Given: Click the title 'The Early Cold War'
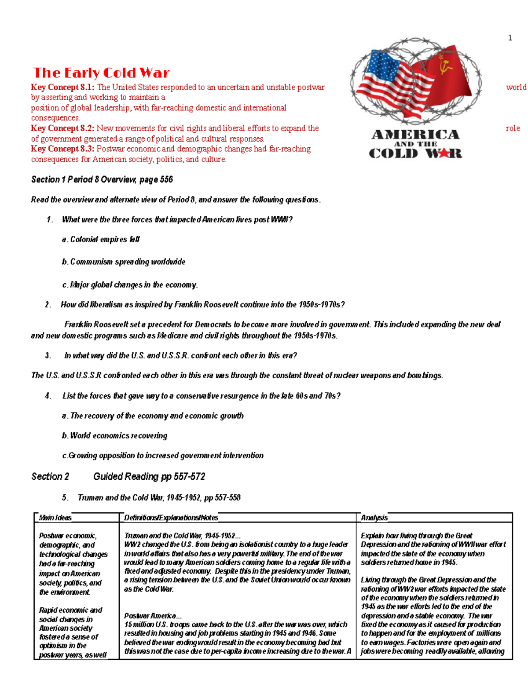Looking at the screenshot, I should (x=101, y=73).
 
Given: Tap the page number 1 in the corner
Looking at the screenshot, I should (x=510, y=38).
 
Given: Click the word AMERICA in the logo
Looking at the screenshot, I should (x=415, y=134).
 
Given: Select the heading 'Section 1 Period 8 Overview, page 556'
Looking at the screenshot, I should (x=102, y=179).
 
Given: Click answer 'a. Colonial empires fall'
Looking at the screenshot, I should (x=101, y=240).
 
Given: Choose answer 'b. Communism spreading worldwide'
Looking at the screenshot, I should (x=124, y=262).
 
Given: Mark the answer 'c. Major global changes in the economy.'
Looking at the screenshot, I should (x=130, y=285).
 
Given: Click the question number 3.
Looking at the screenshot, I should (x=48, y=356).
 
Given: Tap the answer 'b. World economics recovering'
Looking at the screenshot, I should (x=114, y=436).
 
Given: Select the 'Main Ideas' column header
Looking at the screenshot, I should (x=55, y=518).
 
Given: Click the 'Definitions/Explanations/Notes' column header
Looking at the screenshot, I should (x=171, y=518).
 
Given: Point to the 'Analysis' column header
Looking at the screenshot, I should (x=374, y=518).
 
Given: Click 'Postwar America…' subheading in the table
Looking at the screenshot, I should (x=150, y=616).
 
